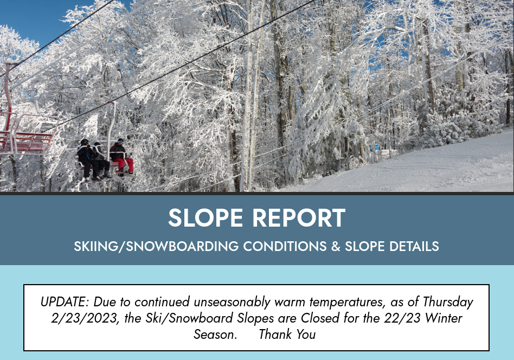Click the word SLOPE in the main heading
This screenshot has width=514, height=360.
pyautogui.click(x=205, y=218)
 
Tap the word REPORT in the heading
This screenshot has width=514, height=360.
pyautogui.click(x=299, y=218)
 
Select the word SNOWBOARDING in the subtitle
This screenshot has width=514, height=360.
pyautogui.click(x=182, y=246)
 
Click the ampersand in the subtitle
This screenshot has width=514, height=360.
pyautogui.click(x=336, y=246)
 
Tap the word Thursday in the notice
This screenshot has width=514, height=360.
pyautogui.click(x=448, y=302)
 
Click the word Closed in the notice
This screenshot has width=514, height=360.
pyautogui.click(x=320, y=318)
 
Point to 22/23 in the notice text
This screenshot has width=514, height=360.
pyautogui.click(x=402, y=318)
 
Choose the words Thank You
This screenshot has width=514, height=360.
pyautogui.click(x=287, y=335)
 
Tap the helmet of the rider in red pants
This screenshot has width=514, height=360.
pyautogui.click(x=120, y=140)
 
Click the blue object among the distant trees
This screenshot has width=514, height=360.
pyautogui.click(x=377, y=147)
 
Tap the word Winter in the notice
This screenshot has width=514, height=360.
pyautogui.click(x=444, y=318)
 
